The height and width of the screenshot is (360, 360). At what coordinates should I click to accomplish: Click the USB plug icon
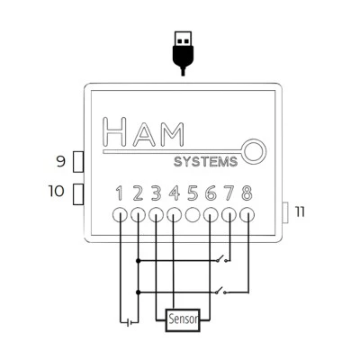click(x=183, y=53)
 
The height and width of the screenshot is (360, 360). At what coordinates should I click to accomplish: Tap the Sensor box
click(x=183, y=320)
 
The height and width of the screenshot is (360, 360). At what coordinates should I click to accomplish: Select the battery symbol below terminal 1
click(x=130, y=323)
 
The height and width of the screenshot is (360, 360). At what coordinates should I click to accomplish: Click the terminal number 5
click(x=193, y=193)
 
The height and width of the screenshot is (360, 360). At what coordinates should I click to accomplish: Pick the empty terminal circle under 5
click(x=193, y=215)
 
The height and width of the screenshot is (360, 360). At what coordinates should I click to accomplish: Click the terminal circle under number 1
click(x=120, y=215)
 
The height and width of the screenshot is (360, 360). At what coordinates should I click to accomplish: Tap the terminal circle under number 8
click(x=247, y=215)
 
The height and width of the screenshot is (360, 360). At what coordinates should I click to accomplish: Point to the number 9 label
click(x=61, y=162)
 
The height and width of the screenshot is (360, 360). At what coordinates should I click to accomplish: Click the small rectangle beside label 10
click(x=78, y=194)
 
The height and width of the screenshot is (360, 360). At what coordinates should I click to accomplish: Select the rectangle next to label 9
click(x=78, y=162)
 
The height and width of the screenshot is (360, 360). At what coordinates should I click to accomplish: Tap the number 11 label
click(x=300, y=212)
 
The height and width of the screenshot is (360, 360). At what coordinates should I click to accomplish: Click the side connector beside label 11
click(x=285, y=212)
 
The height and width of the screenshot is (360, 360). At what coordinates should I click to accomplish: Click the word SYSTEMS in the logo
click(x=206, y=162)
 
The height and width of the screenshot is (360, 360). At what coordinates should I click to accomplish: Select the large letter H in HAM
click(x=114, y=131)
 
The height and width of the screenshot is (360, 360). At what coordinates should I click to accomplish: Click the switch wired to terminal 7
click(x=223, y=258)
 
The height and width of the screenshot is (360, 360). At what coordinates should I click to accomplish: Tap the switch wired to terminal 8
click(x=222, y=291)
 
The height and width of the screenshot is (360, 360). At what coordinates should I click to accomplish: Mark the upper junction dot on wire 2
click(x=138, y=261)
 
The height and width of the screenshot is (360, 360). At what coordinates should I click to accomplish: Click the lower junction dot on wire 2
click(x=138, y=292)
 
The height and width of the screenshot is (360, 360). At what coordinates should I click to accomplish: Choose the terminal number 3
click(x=156, y=193)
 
